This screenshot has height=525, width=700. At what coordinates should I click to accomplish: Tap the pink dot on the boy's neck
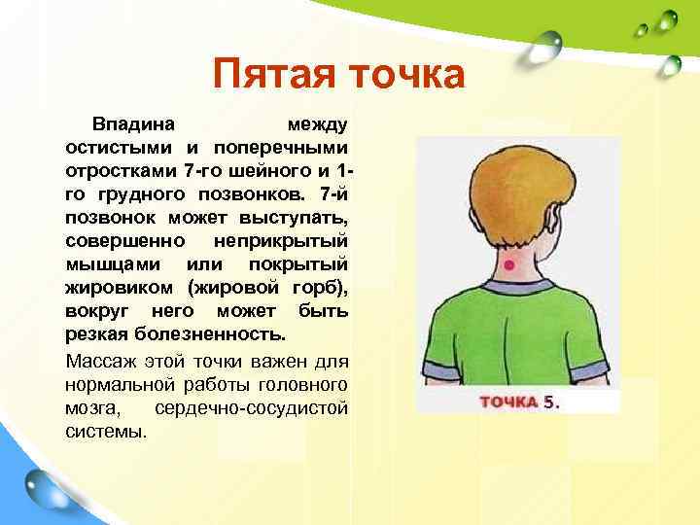507,263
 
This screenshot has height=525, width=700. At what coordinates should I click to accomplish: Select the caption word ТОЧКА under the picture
508,402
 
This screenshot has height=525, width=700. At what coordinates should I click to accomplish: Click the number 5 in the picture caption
549,402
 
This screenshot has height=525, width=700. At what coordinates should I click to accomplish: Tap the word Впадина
133,125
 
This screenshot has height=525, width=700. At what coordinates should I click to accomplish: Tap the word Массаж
98,360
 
